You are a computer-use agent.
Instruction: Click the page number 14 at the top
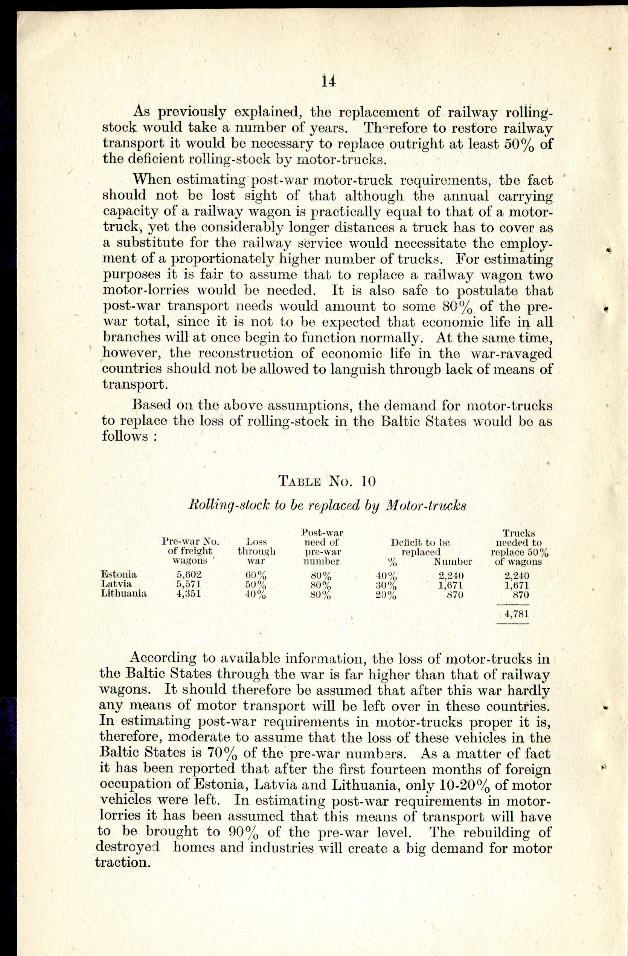(328, 81)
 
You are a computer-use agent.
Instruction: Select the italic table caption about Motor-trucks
(327, 505)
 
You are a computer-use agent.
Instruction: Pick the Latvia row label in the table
(116, 584)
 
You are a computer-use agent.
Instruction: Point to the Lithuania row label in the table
(123, 593)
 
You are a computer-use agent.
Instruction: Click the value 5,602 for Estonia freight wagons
(189, 575)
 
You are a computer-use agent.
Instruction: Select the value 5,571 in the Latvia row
(189, 584)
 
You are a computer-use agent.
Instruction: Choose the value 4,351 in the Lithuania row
(189, 594)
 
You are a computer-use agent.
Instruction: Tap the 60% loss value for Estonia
(256, 575)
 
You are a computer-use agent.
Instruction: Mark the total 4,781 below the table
(517, 614)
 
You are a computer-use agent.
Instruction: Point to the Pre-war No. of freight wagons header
(190, 551)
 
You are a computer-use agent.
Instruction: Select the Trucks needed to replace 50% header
(519, 547)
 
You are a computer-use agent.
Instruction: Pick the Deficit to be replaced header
(421, 547)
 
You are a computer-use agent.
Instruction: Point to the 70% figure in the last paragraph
(220, 752)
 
